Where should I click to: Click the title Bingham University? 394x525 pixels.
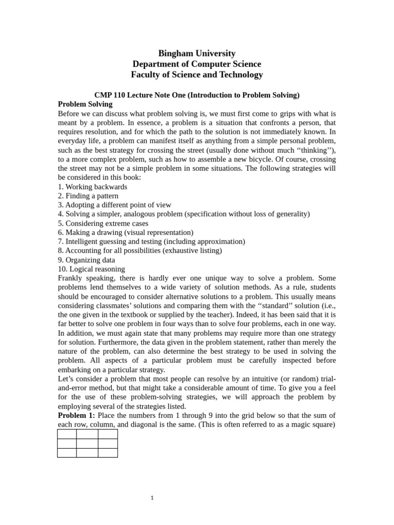196,53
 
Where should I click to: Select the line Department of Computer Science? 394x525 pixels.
196,64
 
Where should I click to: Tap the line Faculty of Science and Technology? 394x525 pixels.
196,75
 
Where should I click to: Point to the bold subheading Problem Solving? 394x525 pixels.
85,104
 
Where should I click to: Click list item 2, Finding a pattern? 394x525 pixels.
88,196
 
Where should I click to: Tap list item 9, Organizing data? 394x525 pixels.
86,260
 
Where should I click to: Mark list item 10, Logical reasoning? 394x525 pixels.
91,269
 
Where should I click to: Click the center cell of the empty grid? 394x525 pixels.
87,443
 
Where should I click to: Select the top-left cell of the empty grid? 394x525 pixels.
67,434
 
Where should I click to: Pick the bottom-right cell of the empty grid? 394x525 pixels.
107,453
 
